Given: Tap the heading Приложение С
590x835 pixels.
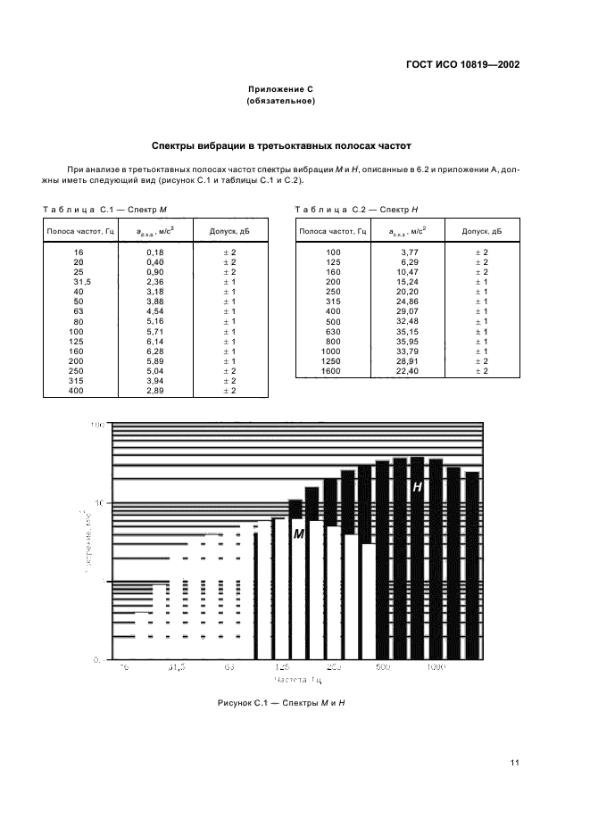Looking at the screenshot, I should (281, 90).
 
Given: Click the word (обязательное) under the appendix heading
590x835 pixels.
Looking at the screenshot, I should (281, 102).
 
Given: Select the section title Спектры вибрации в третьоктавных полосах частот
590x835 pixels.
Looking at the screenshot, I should (281, 145).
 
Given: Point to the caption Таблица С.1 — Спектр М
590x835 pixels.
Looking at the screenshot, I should (106, 209).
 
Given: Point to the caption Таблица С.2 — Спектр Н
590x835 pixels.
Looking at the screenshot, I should (357, 209).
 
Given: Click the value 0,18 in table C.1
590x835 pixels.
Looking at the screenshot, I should (154, 252).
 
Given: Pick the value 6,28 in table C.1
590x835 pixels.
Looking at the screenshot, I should (156, 351).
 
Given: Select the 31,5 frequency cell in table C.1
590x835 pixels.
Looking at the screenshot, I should (79, 282).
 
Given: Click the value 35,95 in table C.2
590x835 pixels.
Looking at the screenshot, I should (408, 341).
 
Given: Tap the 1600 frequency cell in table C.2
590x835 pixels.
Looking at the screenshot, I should (332, 370).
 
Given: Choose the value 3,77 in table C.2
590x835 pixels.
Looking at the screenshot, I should (410, 252).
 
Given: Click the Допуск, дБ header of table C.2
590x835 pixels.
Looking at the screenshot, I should (481, 232).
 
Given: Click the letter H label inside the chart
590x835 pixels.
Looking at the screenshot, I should (417, 487).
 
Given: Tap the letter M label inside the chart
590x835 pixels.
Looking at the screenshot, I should (299, 533).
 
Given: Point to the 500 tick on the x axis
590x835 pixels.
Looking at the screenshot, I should (383, 666).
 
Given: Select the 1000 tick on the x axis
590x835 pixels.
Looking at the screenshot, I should (436, 666).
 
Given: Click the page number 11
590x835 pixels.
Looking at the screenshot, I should (515, 762).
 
